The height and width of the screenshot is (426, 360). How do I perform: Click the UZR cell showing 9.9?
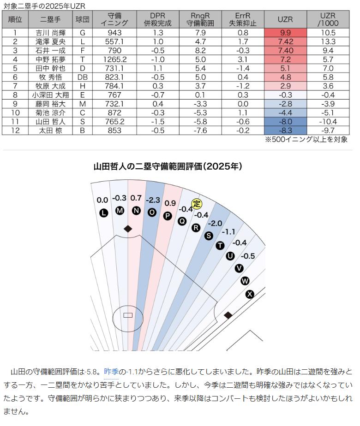(x=285, y=33)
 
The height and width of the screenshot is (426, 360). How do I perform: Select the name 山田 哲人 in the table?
(x=50, y=122)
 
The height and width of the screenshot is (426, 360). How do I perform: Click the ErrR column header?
(x=243, y=19)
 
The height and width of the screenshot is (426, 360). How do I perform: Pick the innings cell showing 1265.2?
(x=115, y=59)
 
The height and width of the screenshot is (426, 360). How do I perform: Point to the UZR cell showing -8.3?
(x=285, y=130)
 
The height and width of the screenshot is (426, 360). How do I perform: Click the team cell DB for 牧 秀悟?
(x=83, y=77)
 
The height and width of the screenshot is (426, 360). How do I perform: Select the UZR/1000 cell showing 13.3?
(x=328, y=42)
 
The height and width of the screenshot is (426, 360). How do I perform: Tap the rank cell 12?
(x=15, y=130)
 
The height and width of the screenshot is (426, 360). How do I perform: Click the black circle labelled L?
(x=103, y=213)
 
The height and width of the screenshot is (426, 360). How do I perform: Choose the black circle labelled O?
(x=152, y=213)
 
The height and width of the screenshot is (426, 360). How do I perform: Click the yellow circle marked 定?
(x=197, y=203)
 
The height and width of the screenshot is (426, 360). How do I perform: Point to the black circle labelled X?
(x=250, y=294)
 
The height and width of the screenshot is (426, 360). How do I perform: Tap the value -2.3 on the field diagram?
(x=153, y=201)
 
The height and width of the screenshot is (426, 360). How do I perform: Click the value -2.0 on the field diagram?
(x=215, y=224)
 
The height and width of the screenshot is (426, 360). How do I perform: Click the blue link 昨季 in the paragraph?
(x=111, y=371)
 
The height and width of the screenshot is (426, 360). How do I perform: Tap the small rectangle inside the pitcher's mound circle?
(x=128, y=315)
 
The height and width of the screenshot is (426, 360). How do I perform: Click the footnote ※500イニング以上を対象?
(x=306, y=139)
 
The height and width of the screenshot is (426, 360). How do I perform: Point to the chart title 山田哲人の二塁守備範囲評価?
(x=168, y=166)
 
